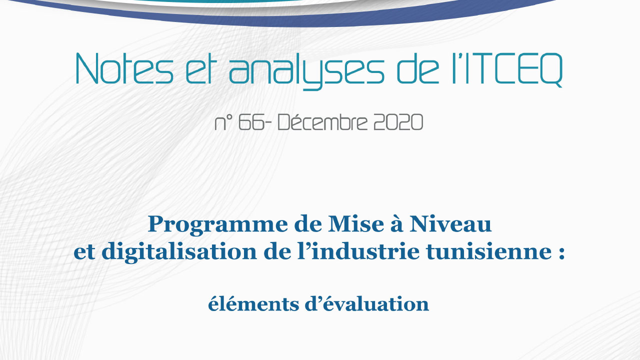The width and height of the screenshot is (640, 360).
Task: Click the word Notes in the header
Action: [x=124, y=68]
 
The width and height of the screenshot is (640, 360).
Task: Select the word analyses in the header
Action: [x=306, y=71]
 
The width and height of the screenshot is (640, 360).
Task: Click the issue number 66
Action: [x=251, y=122]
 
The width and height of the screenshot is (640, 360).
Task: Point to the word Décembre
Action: [x=322, y=122]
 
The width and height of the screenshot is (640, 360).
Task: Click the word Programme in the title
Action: [x=217, y=225]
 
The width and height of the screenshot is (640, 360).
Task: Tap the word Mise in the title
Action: [x=355, y=224]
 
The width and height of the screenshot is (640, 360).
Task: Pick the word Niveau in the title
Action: [x=450, y=224]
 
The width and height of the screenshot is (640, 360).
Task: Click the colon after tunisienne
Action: [x=561, y=253]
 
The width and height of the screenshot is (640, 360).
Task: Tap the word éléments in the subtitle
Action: [x=253, y=303]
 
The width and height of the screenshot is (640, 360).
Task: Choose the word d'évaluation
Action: [x=367, y=303]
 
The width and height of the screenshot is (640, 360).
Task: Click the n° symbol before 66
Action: [x=223, y=123]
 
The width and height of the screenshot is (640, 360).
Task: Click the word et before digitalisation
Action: [x=84, y=253]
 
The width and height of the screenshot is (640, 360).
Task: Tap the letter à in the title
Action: [x=396, y=224]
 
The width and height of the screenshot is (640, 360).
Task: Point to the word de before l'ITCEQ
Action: [x=418, y=68]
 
